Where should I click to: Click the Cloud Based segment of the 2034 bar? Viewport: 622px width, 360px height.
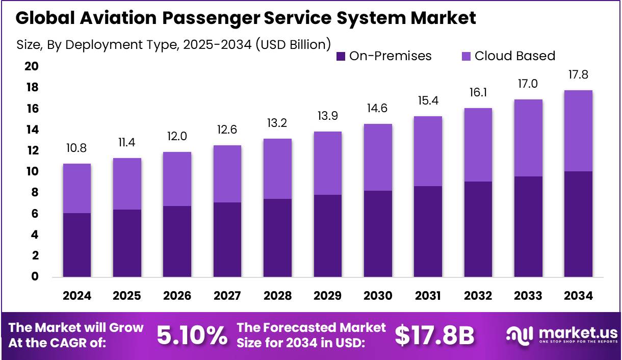point(578,131)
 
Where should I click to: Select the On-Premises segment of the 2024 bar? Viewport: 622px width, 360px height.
point(76,245)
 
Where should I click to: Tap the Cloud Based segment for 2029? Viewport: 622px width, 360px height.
point(327,163)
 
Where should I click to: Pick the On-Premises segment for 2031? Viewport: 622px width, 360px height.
point(428,232)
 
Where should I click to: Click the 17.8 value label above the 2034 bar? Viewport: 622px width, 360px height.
point(578,75)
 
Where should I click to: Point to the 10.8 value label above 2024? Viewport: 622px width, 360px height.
point(76,148)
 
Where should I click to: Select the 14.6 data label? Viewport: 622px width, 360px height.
point(378,108)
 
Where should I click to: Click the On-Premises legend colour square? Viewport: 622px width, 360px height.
point(341,56)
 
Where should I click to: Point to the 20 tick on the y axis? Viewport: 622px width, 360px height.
point(31,67)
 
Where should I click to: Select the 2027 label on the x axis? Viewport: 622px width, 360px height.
point(227,296)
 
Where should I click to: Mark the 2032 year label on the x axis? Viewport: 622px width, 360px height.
point(478,296)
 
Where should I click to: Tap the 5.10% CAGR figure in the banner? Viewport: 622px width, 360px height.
point(192,335)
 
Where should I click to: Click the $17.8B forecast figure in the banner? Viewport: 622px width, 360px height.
point(434,335)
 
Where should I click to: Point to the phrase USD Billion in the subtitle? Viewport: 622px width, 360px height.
point(293,44)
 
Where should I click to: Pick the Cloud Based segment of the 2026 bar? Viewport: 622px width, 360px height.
point(177,179)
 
